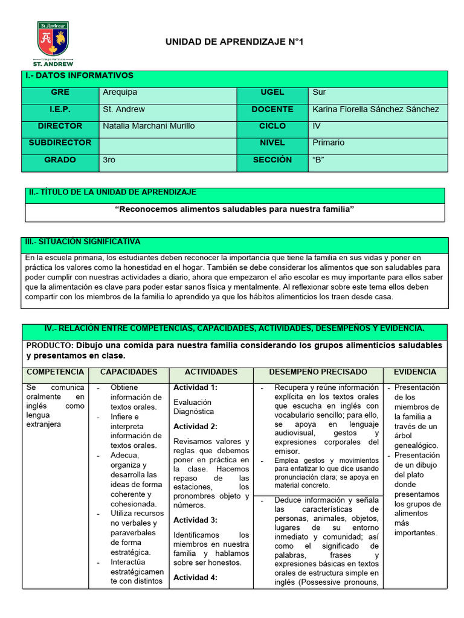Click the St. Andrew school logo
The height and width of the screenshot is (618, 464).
(53, 42)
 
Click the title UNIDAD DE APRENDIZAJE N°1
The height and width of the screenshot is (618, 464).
(239, 42)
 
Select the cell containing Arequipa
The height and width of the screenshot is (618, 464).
(120, 92)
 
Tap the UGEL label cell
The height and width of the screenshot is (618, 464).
(272, 92)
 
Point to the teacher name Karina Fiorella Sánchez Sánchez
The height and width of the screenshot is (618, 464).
(376, 109)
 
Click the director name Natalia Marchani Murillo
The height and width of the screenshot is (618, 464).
(149, 126)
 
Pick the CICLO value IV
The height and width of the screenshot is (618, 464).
(318, 126)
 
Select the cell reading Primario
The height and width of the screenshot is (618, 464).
(329, 143)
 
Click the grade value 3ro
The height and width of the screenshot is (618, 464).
(109, 160)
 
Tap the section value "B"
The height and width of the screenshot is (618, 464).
(320, 160)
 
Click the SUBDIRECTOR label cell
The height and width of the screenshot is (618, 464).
(60, 143)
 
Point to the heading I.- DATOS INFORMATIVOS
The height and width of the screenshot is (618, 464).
(79, 75)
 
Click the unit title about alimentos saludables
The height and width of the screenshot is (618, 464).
(234, 209)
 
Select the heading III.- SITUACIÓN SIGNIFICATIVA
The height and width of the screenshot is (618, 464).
(83, 241)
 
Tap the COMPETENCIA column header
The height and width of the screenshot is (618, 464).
(56, 372)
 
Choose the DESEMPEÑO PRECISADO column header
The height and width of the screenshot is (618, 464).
(318, 372)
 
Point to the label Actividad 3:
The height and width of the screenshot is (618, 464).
(195, 520)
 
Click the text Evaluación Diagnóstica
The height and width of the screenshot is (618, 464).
(194, 406)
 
